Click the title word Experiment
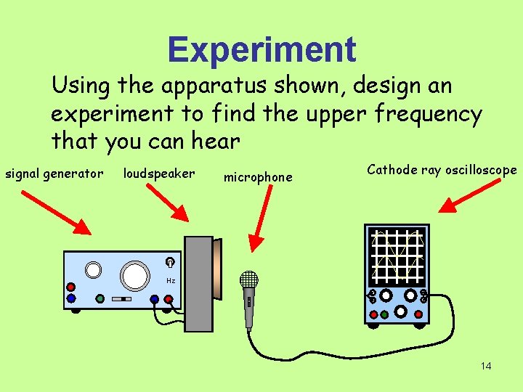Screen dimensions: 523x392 [261, 50]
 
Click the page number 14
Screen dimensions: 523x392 [486, 366]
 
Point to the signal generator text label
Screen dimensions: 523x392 [54, 173]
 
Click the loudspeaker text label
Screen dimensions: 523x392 [159, 173]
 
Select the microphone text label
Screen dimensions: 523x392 [258, 177]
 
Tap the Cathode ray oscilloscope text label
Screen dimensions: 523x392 [442, 170]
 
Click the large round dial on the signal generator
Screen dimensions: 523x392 [135, 275]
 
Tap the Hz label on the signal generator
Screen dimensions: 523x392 [171, 281]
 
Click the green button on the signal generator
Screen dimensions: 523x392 [100, 298]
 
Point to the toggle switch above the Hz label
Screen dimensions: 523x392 [169, 263]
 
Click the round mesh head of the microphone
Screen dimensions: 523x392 [249, 279]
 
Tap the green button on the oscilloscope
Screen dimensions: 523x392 [384, 314]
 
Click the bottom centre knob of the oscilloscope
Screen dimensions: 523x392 [400, 311]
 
